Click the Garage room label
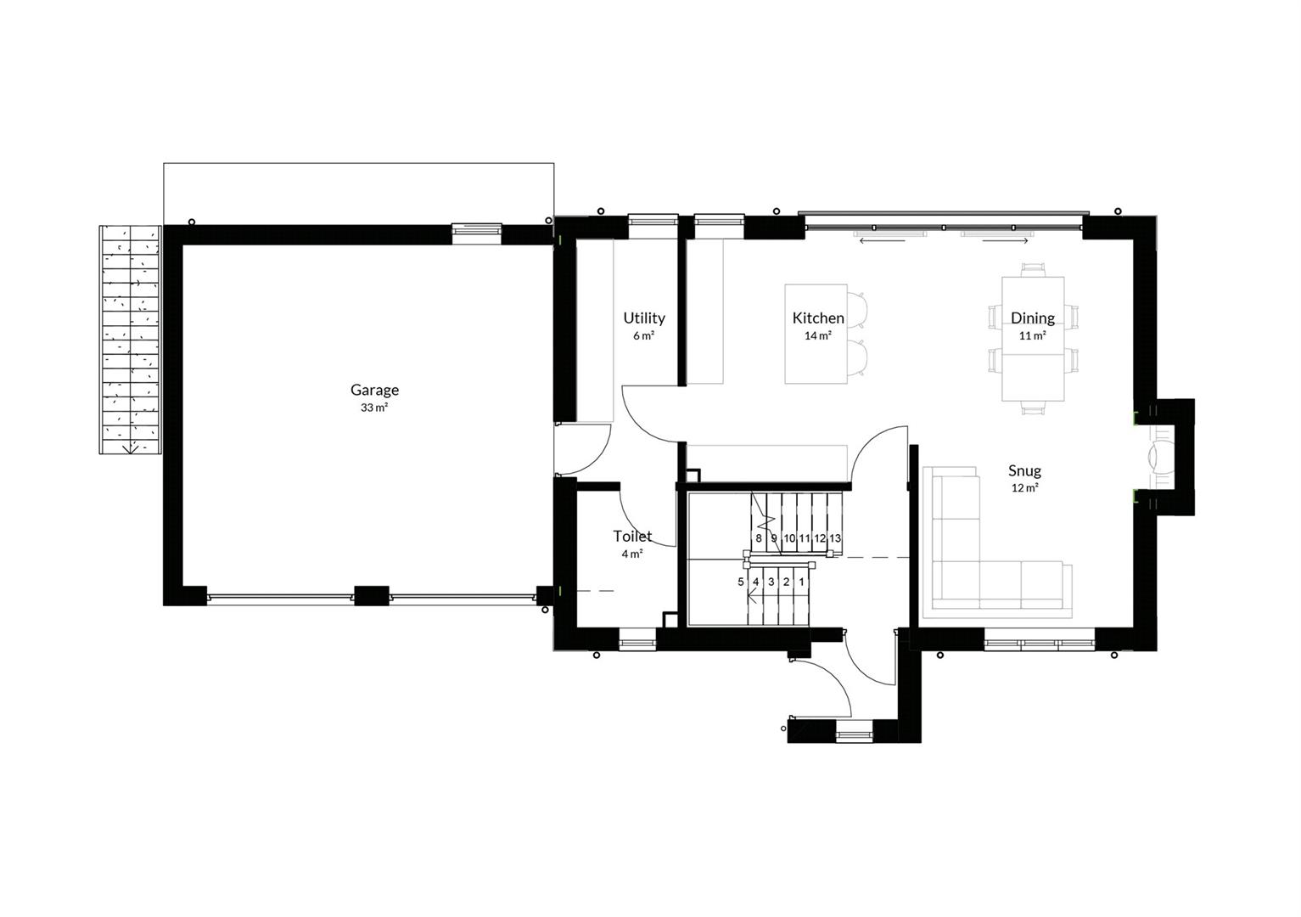(374, 390)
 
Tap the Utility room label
(644, 318)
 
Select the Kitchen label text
(818, 318)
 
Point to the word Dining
(1033, 318)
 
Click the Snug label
(1024, 470)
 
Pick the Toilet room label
(632, 536)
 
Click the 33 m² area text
(374, 408)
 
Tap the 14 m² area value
(818, 335)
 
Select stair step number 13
(834, 538)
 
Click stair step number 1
(801, 582)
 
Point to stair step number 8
(759, 538)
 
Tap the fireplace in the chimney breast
(1158, 458)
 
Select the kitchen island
(816, 334)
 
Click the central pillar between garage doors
(372, 596)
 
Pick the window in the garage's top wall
(477, 230)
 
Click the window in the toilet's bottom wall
(637, 644)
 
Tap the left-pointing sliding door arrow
(883, 240)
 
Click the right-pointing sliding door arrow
(1006, 240)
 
